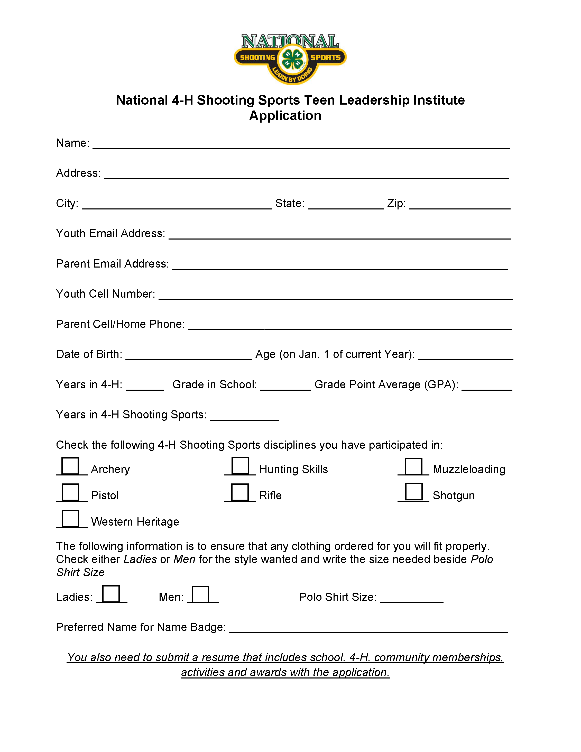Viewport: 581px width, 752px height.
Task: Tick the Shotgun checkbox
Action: coord(413,492)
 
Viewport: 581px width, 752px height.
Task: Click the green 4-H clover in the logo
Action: coord(292,59)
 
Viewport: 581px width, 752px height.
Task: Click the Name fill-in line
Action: coord(301,145)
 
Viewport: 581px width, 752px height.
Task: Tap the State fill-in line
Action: coord(346,205)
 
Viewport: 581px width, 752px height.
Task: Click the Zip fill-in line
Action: coord(459,205)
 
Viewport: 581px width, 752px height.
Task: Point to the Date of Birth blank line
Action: coord(189,356)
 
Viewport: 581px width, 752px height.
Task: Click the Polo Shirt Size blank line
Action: coord(412,599)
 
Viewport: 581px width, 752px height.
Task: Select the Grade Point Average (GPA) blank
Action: coord(487,386)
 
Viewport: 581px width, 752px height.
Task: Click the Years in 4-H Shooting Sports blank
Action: coord(244,417)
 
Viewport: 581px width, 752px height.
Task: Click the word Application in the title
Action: coord(285,116)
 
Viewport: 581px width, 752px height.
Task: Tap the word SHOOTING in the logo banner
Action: coord(257,58)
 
